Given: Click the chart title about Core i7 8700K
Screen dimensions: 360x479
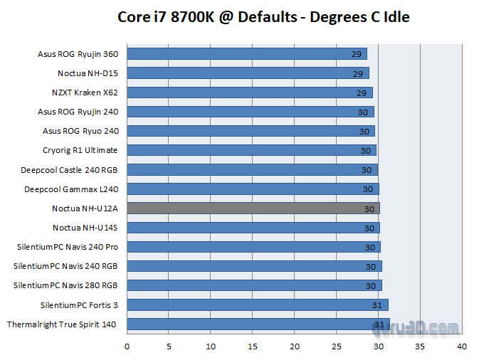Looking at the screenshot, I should (263, 16).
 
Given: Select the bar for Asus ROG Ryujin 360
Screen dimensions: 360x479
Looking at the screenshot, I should (246, 54).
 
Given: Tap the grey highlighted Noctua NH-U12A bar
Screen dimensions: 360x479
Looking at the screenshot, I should (253, 208).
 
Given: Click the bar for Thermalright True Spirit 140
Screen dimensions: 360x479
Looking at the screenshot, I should (258, 324).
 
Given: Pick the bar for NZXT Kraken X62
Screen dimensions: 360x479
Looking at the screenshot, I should (249, 92).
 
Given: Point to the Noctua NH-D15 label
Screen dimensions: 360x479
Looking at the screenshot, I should (88, 73).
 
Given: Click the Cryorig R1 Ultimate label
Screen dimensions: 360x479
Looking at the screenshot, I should (80, 150).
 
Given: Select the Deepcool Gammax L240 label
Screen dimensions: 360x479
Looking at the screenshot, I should (71, 189).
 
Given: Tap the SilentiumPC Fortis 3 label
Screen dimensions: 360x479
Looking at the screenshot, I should (79, 305).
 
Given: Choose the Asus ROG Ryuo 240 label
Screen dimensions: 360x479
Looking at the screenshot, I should (80, 131).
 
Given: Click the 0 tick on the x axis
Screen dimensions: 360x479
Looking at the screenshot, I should (127, 346).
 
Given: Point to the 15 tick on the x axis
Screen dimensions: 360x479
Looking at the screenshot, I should (252, 346).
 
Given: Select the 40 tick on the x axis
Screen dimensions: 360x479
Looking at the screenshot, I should (462, 346).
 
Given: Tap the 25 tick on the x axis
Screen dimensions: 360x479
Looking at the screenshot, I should (336, 346).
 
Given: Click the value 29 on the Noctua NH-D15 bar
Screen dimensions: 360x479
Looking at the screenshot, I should (358, 74).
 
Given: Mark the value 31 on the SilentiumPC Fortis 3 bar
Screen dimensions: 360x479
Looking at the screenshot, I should (377, 305).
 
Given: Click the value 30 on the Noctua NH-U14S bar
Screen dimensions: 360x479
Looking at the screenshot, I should (369, 228).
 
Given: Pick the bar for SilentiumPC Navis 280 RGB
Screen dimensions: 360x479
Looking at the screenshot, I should (254, 285).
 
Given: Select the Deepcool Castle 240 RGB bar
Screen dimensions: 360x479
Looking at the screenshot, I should (252, 170).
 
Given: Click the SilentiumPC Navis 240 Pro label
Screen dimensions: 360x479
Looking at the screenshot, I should (68, 247).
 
